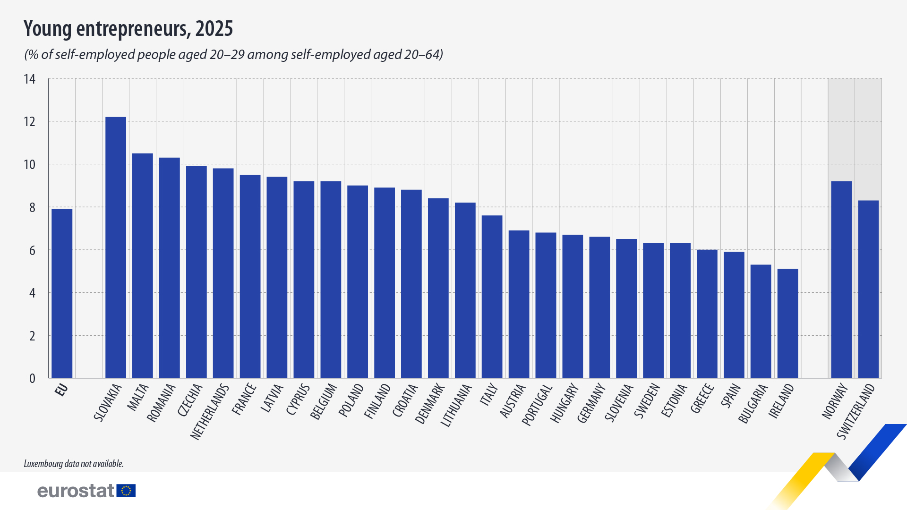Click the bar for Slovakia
tap(116, 247)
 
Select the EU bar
tap(62, 293)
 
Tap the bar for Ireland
tap(787, 323)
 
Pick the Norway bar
tap(841, 280)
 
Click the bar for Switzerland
tap(868, 289)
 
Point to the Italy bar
tap(492, 297)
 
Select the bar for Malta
tap(143, 265)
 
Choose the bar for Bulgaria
tap(761, 321)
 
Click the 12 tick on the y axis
tap(30, 122)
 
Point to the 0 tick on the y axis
tap(32, 379)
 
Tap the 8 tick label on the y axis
tap(32, 208)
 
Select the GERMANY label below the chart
tap(591, 403)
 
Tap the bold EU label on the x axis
tap(61, 390)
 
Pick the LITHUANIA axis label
tap(456, 406)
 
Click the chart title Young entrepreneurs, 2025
tap(128, 29)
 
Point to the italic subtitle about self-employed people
tap(233, 55)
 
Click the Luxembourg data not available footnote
tap(74, 464)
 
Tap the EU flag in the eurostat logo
tap(126, 491)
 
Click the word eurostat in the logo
tap(76, 491)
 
